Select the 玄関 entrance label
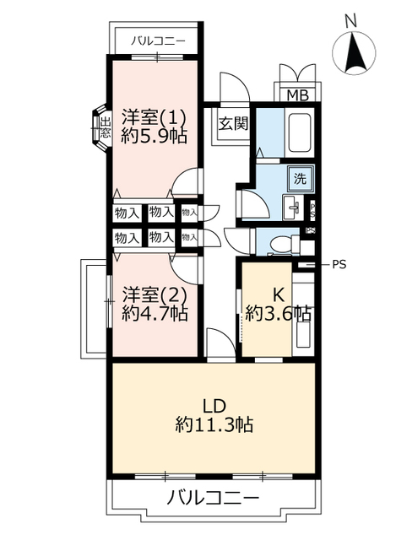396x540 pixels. point(233,123)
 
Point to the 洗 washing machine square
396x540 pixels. point(300,178)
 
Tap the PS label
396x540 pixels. point(339,264)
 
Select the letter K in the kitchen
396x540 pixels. point(279,294)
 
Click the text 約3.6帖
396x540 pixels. point(278,314)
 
